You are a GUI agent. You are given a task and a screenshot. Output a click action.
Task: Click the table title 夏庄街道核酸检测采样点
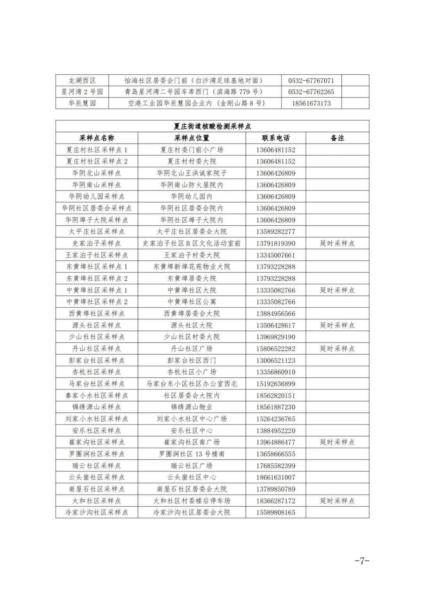coord(212,126)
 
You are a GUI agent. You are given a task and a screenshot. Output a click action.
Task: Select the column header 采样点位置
coord(191,138)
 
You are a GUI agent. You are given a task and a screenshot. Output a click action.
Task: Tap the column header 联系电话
coord(275,138)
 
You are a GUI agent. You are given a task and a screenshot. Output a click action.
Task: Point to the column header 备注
coord(337,138)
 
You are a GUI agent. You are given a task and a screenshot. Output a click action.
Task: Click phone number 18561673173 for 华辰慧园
coord(311,103)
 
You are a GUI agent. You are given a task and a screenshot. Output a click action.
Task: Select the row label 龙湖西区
coord(82,81)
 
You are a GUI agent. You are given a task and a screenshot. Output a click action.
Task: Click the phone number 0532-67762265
coord(311,92)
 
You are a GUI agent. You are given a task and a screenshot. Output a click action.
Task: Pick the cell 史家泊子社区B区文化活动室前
coord(191,243)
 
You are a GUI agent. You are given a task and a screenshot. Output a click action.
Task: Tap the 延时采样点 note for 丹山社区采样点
coord(337,348)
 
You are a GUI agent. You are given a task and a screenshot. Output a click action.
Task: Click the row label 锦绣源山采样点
coord(97,407)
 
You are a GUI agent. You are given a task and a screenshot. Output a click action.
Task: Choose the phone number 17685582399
coord(275,466)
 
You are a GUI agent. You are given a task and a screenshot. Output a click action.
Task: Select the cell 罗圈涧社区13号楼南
coord(191,454)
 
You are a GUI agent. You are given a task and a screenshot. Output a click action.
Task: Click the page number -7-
coord(362,561)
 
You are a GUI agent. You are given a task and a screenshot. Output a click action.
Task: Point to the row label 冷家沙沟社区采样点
coord(97,512)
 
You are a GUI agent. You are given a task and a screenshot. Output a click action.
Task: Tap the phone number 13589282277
coord(275,231)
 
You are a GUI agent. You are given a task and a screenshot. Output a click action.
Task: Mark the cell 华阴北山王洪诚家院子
coord(191,173)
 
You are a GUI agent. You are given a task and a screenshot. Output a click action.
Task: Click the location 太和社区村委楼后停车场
coord(191,501)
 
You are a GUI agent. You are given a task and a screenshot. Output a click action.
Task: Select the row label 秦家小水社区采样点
coord(97,395)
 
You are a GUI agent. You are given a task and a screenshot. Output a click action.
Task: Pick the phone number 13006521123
coord(275,360)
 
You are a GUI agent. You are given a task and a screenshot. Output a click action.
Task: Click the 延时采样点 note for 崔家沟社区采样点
coord(337,442)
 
